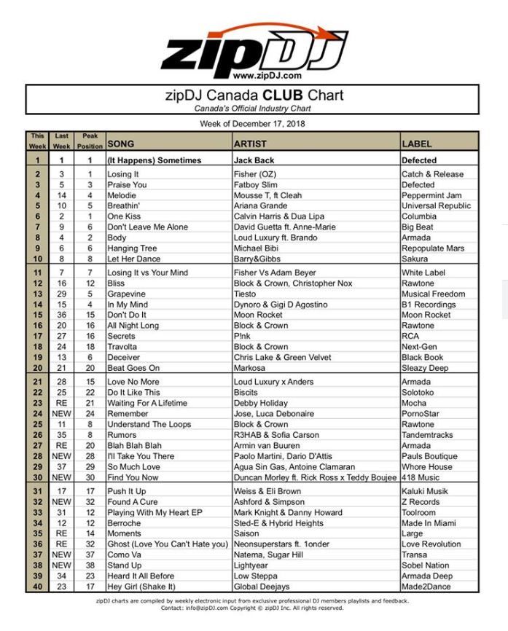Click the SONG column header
[121, 144]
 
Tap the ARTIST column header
[250, 144]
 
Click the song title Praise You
[128, 185]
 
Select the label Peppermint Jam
[431, 195]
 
